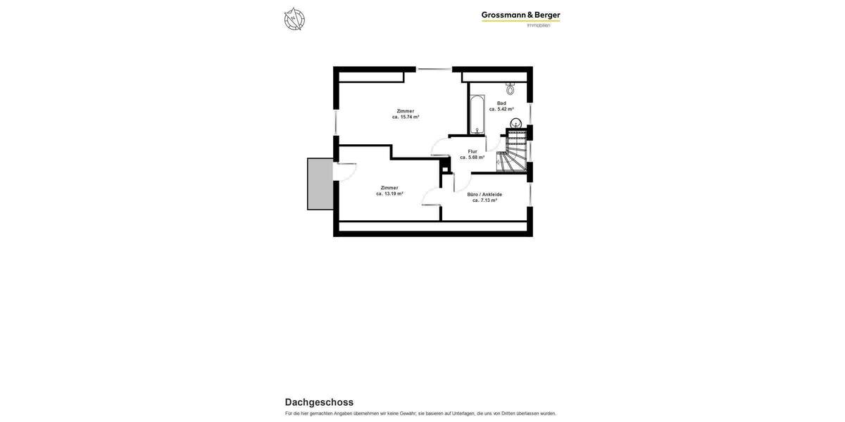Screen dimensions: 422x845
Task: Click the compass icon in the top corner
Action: coord(294,19)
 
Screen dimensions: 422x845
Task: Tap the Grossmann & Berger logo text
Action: coord(520,15)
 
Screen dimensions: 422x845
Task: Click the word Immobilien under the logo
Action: coord(539,25)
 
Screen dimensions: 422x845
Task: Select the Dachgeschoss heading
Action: coord(319,402)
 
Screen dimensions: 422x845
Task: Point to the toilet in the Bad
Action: coord(510,89)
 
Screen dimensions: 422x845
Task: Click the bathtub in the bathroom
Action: coord(477,115)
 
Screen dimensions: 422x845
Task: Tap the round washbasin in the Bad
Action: coord(515,124)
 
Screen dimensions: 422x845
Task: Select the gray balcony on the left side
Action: coord(320,184)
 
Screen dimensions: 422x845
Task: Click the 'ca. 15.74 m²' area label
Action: coord(406,117)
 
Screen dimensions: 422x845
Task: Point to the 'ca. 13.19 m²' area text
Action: coord(389,193)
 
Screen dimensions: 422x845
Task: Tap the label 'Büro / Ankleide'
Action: coord(484,194)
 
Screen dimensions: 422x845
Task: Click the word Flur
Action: coord(472,151)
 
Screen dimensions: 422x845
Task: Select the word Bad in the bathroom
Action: coord(501,103)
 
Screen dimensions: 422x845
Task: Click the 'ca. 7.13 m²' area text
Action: coord(484,200)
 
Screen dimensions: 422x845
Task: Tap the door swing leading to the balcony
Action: coord(346,172)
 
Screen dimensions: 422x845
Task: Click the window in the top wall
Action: coord(434,69)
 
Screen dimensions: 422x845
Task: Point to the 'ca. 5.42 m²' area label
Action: coord(501,109)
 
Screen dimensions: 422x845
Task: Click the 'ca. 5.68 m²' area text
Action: coord(472,158)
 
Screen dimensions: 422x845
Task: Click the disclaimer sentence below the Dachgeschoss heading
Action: coord(420,414)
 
